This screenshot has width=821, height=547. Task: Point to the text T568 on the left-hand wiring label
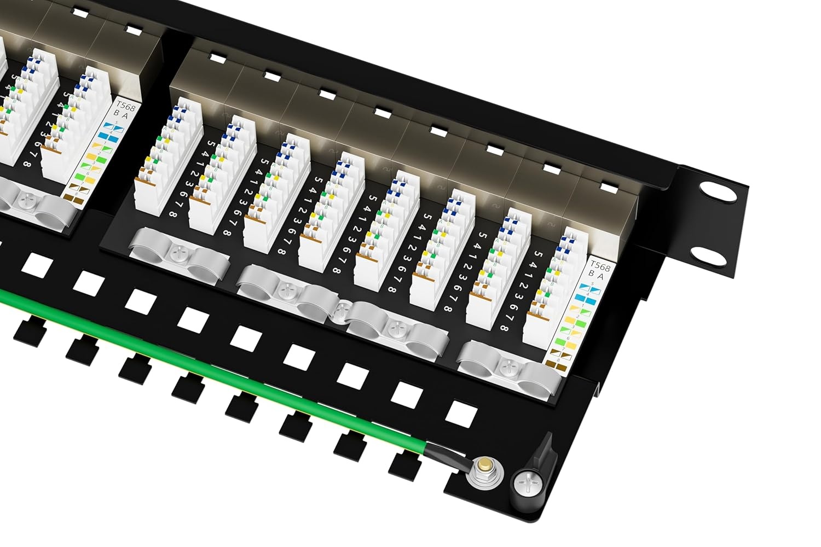[125, 106]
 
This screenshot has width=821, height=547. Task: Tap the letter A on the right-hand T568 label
[600, 277]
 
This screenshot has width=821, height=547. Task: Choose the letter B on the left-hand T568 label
[116, 113]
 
